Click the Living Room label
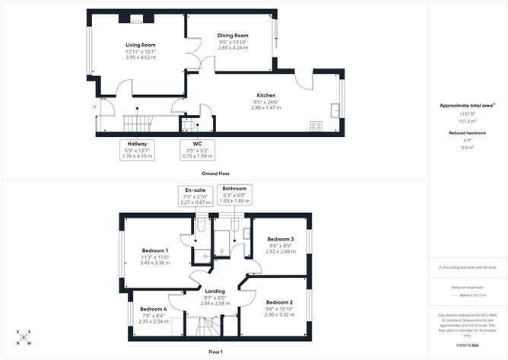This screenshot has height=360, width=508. [x=140, y=45]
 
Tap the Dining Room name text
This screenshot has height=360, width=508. [x=233, y=35]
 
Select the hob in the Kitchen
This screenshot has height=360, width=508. [x=316, y=126]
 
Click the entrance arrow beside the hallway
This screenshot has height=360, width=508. [x=94, y=107]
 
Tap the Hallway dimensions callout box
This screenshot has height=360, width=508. [x=137, y=150]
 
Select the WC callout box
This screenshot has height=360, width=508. [x=197, y=150]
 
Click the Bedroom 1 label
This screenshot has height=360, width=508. [x=155, y=250]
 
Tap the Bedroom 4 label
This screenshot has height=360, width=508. [x=153, y=308]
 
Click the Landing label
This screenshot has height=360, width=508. [x=214, y=291]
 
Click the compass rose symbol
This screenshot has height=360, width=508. [x=24, y=337]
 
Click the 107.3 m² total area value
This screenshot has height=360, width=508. [x=467, y=120]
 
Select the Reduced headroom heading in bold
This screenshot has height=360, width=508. [x=467, y=132]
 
